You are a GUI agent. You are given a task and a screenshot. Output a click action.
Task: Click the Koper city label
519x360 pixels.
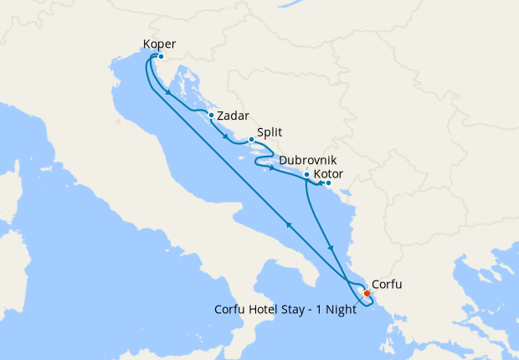tap(160, 43)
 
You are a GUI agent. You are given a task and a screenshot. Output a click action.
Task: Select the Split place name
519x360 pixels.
tap(270, 132)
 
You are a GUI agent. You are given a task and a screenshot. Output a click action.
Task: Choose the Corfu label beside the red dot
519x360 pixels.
tap(386, 285)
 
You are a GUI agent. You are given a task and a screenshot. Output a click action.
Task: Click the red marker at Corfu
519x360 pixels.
tap(367, 293)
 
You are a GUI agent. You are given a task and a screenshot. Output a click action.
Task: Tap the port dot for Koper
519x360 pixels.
tap(160, 57)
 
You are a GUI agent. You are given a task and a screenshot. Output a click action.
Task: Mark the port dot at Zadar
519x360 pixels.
tap(212, 116)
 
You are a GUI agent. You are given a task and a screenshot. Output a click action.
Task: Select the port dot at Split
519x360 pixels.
tap(251, 140)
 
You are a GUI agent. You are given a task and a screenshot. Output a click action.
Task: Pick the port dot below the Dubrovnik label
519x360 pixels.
tap(307, 174)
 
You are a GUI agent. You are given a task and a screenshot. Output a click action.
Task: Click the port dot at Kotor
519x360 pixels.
tap(328, 183)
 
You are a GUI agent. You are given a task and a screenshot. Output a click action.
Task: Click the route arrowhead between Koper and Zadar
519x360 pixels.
tap(169, 92)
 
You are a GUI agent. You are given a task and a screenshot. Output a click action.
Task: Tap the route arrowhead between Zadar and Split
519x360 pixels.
tap(225, 137)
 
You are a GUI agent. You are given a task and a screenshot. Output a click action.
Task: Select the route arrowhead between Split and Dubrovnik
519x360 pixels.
tap(272, 168)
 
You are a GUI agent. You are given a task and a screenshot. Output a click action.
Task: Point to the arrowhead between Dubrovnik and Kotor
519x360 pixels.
tap(321, 183)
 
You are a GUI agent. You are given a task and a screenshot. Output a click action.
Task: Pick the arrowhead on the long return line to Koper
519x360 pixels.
tap(289, 224)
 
